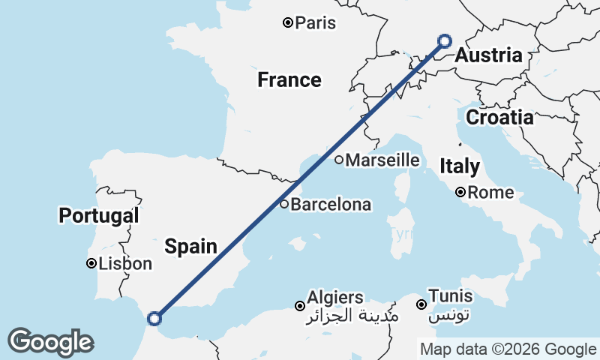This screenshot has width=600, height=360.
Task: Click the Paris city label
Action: [315, 23]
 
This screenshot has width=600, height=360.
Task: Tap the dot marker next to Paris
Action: [287, 23]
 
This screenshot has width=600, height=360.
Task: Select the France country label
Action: [289, 80]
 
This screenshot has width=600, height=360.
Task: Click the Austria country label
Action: [488, 56]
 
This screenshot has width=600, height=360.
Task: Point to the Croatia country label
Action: [499, 118]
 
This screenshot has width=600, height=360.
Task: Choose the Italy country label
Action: [460, 166]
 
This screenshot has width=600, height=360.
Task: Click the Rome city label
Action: [491, 193]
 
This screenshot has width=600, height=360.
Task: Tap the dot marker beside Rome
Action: [461, 193]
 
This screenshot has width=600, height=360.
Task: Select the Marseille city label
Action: [382, 160]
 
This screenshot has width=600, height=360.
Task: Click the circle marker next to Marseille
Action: [339, 160]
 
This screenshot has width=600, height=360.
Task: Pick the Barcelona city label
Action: [331, 204]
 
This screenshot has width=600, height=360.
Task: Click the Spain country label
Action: [191, 246]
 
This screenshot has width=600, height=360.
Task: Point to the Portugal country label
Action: [99, 216]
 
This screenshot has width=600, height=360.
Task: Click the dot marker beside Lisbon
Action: [91, 264]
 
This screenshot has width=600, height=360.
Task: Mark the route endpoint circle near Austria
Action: [445, 41]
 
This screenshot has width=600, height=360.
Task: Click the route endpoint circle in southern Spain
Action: [154, 319]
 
